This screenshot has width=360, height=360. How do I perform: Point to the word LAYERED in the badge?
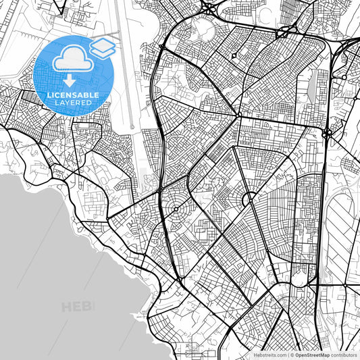pyautogui.click(x=74, y=103)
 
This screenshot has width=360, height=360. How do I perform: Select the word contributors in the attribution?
pyautogui.click(x=344, y=355)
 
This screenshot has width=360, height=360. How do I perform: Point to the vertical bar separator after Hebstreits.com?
pyautogui.click(x=287, y=355)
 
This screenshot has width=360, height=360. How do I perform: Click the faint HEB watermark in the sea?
pyautogui.click(x=78, y=307)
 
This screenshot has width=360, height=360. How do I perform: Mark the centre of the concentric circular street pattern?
pyautogui.click(x=178, y=210)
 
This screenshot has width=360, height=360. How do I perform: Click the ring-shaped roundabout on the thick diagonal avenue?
pyautogui.click(x=248, y=199)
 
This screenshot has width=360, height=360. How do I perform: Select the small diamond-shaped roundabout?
pyautogui.click(x=234, y=55)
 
